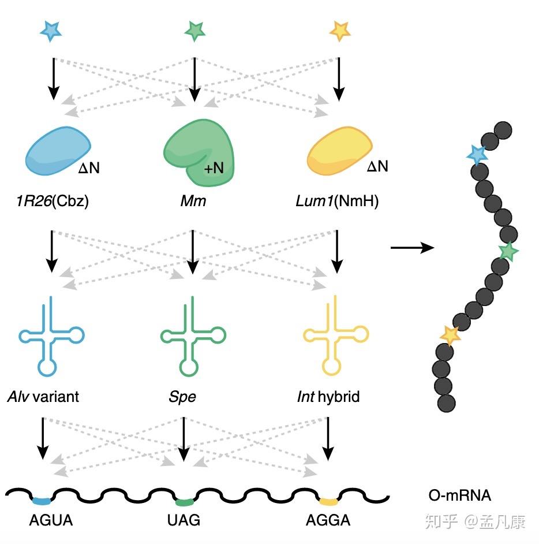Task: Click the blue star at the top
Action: [51, 31]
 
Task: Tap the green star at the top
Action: [194, 29]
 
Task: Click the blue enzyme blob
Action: [58, 150]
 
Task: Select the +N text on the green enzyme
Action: [214, 169]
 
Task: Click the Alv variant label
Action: [43, 397]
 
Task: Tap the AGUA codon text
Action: [51, 520]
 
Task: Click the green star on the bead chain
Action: [508, 251]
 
